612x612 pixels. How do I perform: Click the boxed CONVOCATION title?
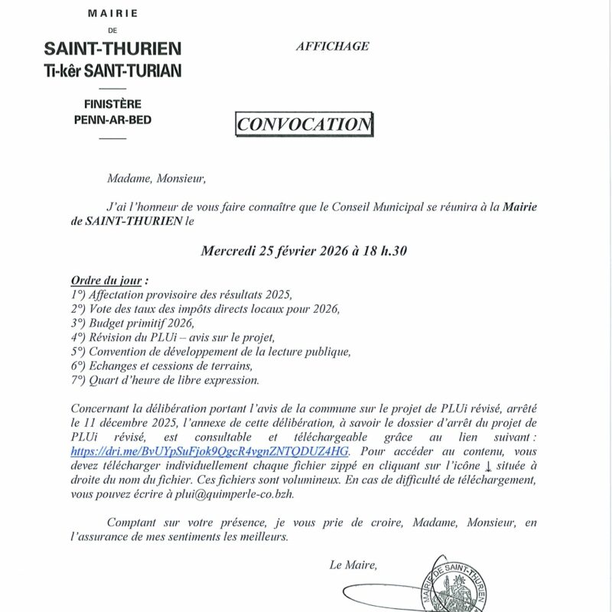(304, 124)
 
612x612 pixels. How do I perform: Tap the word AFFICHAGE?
(332, 46)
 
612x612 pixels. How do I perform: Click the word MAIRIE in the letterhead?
(112, 14)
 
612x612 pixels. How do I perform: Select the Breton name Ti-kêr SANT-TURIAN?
(112, 70)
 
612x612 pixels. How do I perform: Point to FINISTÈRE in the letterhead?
(112, 104)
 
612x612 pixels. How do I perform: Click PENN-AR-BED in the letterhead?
(112, 119)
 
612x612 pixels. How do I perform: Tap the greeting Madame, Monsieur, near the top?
(157, 179)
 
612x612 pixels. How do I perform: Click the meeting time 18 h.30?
(385, 250)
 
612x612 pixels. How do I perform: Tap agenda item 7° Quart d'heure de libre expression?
(164, 380)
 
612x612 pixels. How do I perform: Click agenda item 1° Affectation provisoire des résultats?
(181, 295)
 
